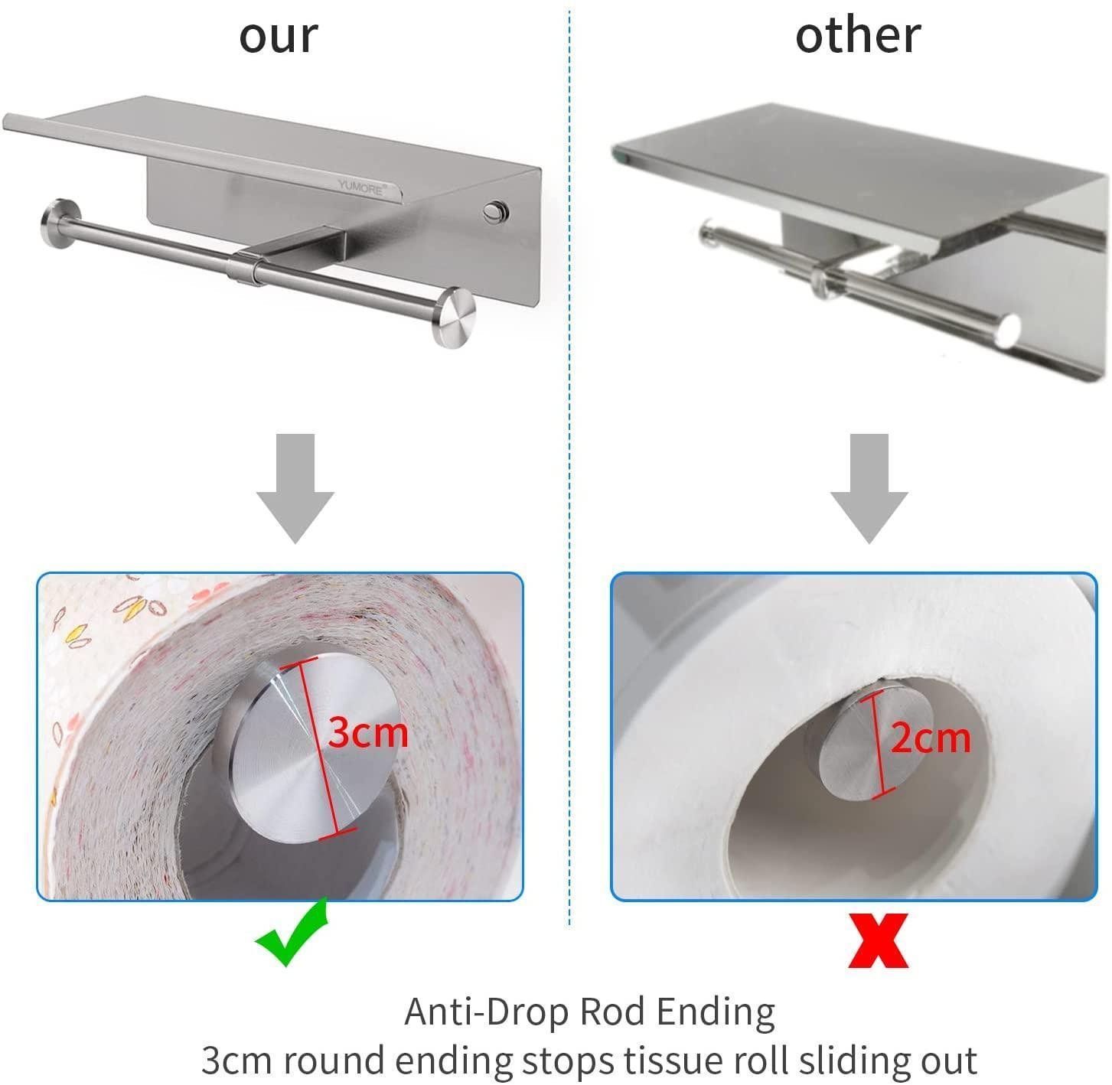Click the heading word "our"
278,36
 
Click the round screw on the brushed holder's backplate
494,209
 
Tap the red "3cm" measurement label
368,733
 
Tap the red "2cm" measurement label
930,738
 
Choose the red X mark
878,940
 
